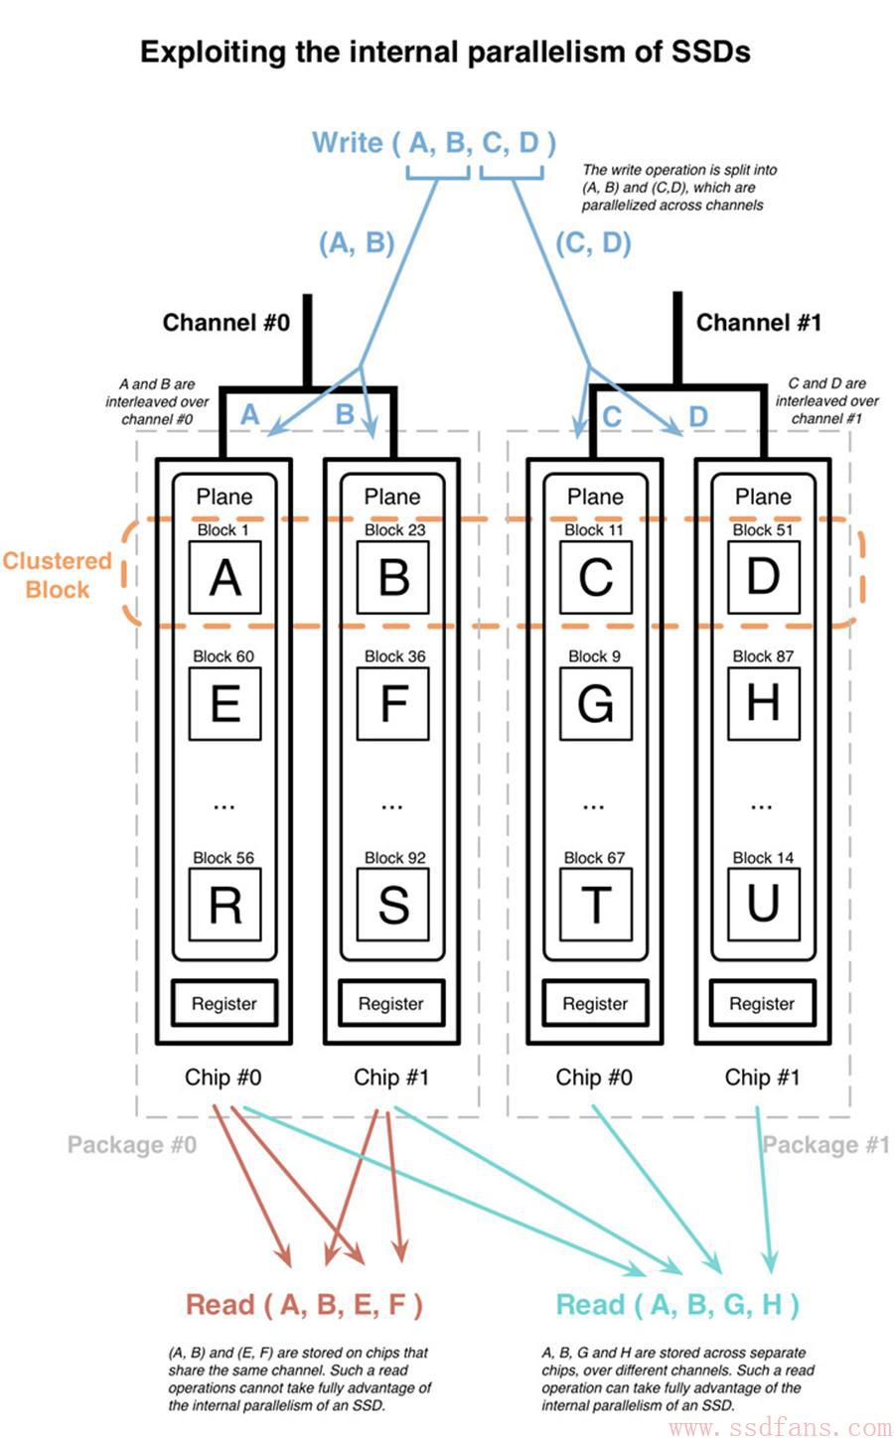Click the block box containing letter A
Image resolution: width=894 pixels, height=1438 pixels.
(224, 577)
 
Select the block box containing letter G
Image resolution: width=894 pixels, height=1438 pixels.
(595, 703)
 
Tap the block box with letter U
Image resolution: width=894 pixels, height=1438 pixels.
(764, 905)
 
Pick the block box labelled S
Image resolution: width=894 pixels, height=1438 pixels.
(393, 905)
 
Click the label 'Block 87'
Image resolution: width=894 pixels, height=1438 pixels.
(763, 656)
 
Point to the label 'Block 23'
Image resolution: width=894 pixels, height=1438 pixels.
(395, 529)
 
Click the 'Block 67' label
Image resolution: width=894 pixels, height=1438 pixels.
(594, 858)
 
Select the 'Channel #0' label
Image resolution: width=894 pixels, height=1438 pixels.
(226, 323)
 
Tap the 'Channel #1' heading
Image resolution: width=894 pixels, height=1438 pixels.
(759, 323)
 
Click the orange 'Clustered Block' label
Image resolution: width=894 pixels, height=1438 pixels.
(58, 575)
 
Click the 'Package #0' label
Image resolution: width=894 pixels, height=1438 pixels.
(132, 1145)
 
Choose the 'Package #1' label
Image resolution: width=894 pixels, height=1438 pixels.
(825, 1145)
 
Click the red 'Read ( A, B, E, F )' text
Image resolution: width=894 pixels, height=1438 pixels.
(304, 1305)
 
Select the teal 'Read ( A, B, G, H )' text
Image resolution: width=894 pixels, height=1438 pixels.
(676, 1305)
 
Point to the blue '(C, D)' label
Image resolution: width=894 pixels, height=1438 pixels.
(593, 243)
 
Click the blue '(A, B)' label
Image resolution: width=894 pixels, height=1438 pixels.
(357, 243)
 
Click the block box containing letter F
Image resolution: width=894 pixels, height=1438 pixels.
(393, 703)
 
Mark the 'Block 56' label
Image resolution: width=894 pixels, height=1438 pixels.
(223, 858)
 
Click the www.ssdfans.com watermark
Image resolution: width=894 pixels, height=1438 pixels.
(780, 1426)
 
